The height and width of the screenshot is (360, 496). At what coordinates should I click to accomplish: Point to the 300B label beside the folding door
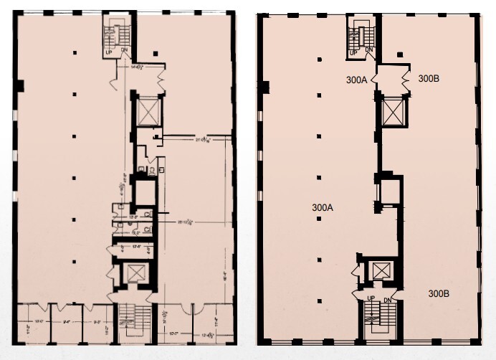point(429,78)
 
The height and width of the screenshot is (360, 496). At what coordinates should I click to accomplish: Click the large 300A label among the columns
point(323,207)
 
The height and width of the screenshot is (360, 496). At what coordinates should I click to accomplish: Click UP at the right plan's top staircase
point(353,49)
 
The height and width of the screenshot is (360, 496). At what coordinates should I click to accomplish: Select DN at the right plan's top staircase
point(369,49)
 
